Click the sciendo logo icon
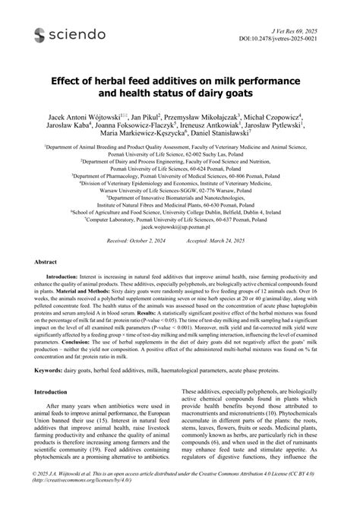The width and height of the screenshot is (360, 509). tap(38, 35)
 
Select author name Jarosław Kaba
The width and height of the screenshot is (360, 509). tap(72, 128)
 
